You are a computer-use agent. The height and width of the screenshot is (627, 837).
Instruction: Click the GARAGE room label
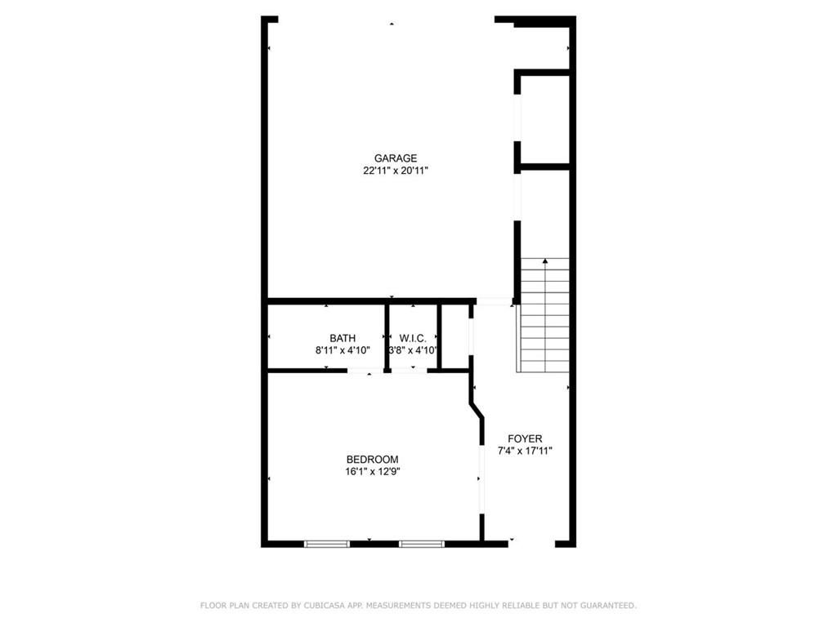396,158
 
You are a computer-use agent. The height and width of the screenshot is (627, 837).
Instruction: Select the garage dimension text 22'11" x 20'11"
396,171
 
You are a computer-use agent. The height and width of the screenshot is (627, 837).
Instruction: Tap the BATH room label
342,338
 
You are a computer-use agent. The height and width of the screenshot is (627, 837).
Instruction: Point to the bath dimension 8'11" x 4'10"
342,350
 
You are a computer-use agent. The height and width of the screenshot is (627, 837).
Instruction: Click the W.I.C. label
414,338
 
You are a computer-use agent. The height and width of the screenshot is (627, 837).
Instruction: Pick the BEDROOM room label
372,459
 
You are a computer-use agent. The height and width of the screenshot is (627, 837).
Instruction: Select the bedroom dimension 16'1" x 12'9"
372,471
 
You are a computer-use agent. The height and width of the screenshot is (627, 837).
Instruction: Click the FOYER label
525,438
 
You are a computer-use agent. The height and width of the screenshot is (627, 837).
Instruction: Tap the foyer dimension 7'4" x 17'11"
525,451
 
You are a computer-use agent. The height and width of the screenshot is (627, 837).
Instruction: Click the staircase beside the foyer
544,318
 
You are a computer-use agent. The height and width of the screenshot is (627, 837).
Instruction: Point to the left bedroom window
327,543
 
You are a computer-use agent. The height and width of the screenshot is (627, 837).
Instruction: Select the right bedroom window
422,543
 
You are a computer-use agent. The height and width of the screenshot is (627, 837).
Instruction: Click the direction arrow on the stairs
545,263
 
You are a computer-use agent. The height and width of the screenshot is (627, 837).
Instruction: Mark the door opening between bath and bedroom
360,371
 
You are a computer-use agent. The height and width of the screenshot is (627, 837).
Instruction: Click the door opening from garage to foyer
494,301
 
